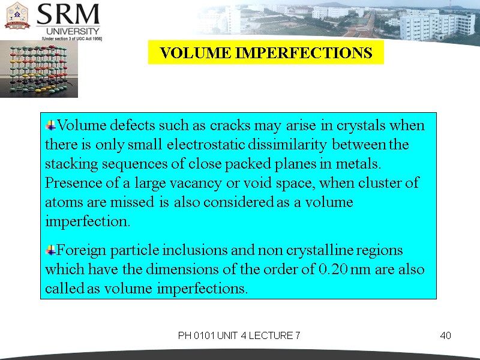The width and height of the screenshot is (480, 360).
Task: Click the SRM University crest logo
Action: coord(18,16)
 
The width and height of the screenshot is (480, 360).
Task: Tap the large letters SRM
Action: coord(68,14)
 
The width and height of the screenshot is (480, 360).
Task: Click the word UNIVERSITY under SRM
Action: coord(71,31)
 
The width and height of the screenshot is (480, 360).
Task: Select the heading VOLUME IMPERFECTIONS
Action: coord(266,53)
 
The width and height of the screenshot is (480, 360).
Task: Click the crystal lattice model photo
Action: coord(38,68)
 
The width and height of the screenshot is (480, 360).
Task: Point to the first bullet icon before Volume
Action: coord(50,125)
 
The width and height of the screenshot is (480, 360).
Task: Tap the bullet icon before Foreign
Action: coord(50,249)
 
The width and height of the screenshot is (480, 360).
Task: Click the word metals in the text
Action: coord(362,163)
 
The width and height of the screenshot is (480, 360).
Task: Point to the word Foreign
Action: coord(79,250)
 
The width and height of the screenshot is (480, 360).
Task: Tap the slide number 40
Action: coord(445,335)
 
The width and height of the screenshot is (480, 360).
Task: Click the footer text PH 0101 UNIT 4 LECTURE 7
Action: coord(239,335)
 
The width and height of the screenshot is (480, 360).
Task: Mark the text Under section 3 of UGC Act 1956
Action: coord(71,38)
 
